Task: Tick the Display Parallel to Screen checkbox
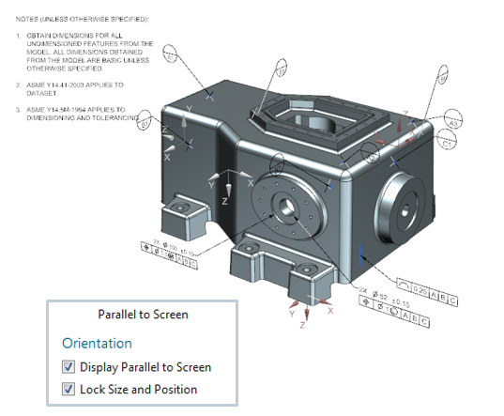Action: pyautogui.click(x=68, y=367)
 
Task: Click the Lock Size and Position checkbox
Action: pyautogui.click(x=68, y=389)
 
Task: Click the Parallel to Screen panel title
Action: pyautogui.click(x=143, y=315)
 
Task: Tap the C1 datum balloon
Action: pyautogui.click(x=450, y=145)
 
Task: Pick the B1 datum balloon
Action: pyautogui.click(x=145, y=121)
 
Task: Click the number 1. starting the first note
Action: pyautogui.click(x=19, y=36)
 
